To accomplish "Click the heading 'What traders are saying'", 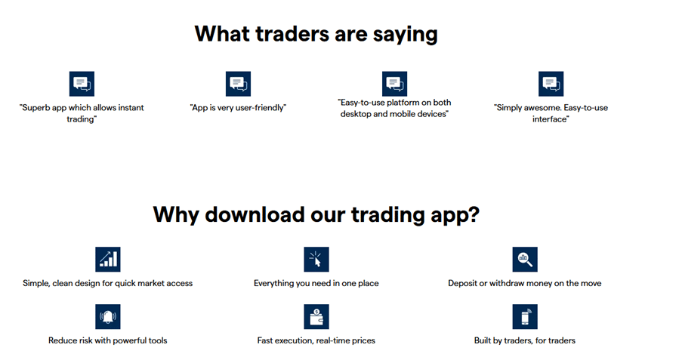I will pos(316,34).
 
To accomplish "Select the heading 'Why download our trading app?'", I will pos(316,214).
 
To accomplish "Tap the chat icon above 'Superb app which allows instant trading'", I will pos(82,84).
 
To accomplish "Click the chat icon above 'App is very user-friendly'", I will pos(238,84).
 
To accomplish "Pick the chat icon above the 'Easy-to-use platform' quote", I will pos(394,84).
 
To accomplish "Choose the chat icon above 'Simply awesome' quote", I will pos(551,84).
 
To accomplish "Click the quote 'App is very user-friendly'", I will pos(238,108).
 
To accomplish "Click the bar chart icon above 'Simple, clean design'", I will pos(108,259).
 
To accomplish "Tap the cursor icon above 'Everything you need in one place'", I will pos(316,259).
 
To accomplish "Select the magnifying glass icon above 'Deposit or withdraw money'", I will pos(524,259).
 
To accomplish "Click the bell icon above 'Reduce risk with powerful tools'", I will pos(108,316).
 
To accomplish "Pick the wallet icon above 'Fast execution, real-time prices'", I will pos(316,316).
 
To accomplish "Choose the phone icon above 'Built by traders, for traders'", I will pos(524,316).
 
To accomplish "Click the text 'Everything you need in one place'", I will pos(316,284).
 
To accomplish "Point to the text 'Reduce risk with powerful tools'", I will pos(108,340).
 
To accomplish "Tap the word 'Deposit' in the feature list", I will pos(462,284).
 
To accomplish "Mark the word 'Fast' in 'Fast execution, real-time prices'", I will pos(267,340).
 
